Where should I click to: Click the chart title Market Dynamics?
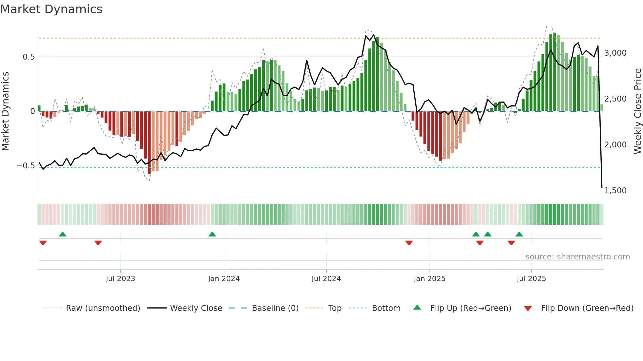51,9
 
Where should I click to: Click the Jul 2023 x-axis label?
120,278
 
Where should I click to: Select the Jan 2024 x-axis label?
224,278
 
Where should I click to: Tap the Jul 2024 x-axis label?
326,278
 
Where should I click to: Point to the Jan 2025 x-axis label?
429,278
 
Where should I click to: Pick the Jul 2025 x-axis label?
531,278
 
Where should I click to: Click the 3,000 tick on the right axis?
615,53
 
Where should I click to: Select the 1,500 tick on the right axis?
615,190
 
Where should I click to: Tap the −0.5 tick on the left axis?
26,166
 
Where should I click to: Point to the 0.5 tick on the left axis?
29,57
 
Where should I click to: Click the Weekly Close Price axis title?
637,111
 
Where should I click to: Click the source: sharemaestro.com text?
577,256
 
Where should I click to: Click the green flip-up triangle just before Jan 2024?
212,234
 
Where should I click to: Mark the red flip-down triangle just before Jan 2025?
409,243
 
